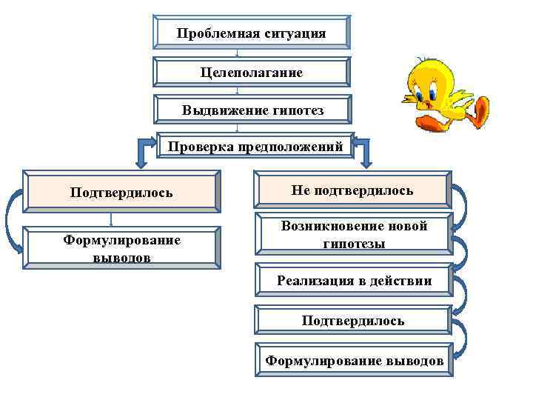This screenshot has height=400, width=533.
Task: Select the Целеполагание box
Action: click(x=251, y=73)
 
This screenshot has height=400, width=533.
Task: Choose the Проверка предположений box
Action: click(x=255, y=147)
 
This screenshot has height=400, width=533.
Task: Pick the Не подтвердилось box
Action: click(x=352, y=191)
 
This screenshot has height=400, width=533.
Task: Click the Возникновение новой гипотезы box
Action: click(x=353, y=235)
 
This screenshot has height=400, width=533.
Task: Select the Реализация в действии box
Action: click(x=353, y=281)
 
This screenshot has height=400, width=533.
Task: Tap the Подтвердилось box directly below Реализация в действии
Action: click(x=353, y=321)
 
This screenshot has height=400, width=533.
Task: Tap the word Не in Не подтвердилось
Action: click(x=301, y=191)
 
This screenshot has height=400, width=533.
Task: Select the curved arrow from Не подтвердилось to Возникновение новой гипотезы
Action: click(x=461, y=211)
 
